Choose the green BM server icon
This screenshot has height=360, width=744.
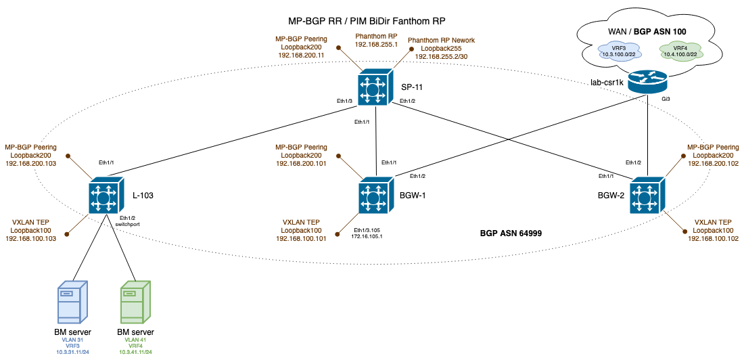[135, 302]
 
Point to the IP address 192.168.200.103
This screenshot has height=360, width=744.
[31, 163]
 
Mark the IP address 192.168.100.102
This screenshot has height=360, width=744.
[713, 238]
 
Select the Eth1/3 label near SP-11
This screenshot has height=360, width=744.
[344, 101]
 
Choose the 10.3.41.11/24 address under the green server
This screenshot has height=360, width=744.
[135, 353]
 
